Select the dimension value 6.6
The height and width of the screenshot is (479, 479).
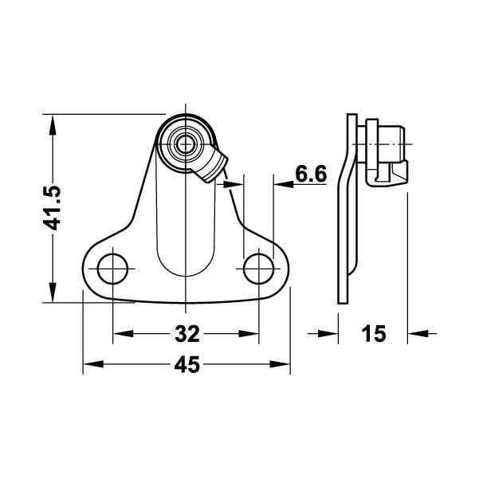[310, 174]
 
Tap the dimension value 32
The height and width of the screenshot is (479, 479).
[186, 332]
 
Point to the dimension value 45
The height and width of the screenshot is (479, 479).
[186, 365]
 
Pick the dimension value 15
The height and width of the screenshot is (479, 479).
[372, 333]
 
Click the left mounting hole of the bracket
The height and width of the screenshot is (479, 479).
[112, 267]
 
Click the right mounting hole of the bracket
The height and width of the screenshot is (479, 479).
[259, 267]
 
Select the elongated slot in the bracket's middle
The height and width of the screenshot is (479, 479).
[186, 223]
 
